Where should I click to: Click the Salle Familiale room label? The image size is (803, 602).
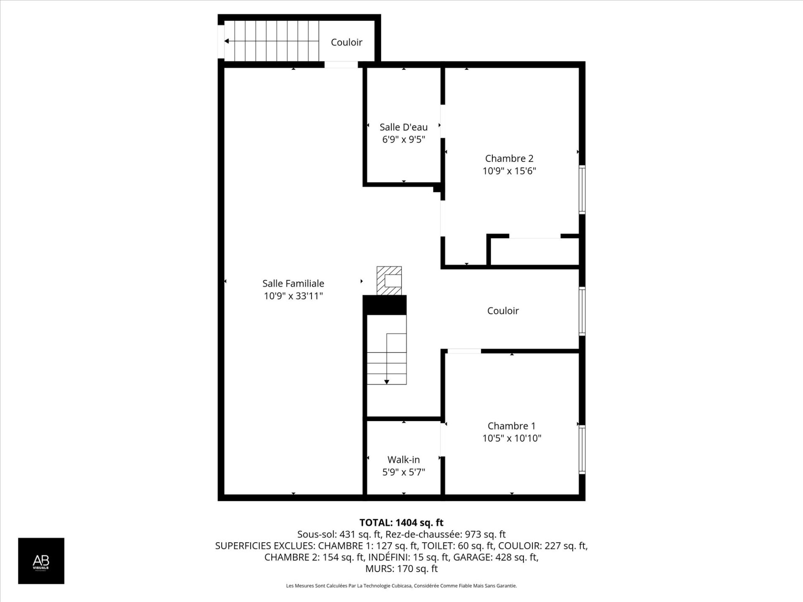[x=293, y=283]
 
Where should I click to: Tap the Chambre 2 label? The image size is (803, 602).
[x=509, y=158]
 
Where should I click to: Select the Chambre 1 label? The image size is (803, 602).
[x=511, y=426]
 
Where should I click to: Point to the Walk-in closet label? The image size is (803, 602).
[x=404, y=460]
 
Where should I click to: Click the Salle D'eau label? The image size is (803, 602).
[x=404, y=127]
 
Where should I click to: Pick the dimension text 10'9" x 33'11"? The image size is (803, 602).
[x=293, y=296]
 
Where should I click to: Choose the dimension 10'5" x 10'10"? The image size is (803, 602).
[x=511, y=438]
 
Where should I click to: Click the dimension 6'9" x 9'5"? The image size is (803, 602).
[x=404, y=139]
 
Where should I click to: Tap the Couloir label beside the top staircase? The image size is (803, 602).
[x=346, y=42]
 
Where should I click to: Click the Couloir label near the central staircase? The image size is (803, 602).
[x=503, y=311]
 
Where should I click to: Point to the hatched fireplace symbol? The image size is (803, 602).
[x=389, y=281]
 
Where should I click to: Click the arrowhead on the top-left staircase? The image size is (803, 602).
[x=227, y=41]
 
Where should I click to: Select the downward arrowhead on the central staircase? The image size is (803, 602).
[x=387, y=382]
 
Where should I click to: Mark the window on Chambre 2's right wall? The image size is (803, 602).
[x=582, y=190]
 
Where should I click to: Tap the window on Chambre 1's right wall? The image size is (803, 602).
[x=582, y=449]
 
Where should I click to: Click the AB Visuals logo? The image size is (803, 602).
[x=41, y=561]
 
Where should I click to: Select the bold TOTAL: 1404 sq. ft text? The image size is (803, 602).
[x=401, y=523]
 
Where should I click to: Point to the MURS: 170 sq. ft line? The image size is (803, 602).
[x=401, y=569]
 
